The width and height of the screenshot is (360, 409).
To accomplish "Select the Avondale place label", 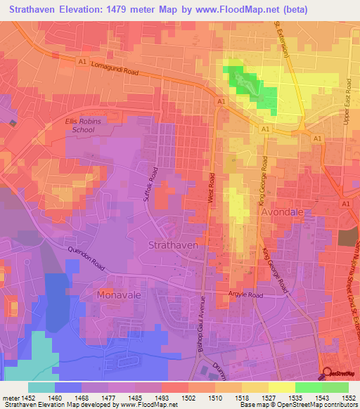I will [x=285, y=212].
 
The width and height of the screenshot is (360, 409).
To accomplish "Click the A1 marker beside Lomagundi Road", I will [x=82, y=62].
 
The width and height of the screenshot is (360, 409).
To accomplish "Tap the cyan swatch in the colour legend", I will [x=41, y=387].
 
